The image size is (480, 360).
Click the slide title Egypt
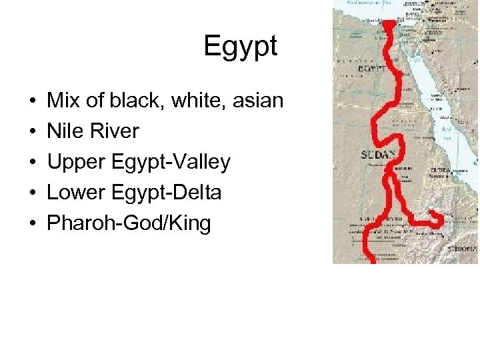tap(240, 47)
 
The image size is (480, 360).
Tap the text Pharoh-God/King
tap(129, 223)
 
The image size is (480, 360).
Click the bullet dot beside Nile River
tap(33, 132)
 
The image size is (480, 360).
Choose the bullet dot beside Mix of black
tap(33, 101)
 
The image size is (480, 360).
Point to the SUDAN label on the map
tap(378, 154)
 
